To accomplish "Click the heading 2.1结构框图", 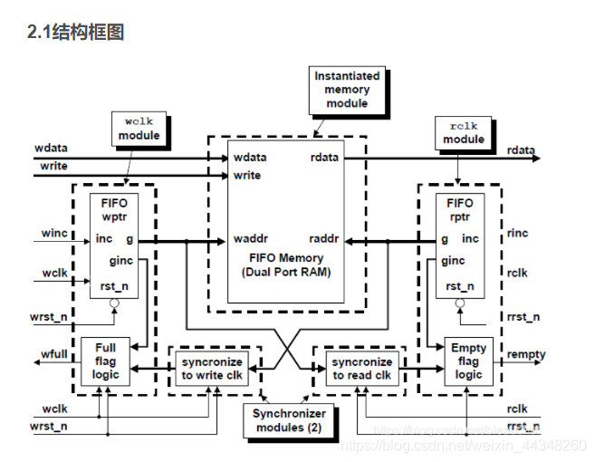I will (x=76, y=33).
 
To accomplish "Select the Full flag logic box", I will (x=105, y=361).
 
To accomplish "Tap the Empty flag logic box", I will (x=468, y=361).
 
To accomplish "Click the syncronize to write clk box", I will (x=211, y=368).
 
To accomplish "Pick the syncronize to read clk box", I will (x=360, y=368).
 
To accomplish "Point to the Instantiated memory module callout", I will (x=348, y=90).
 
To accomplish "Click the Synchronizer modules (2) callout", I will (x=289, y=420).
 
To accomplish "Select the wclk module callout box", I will (x=139, y=128).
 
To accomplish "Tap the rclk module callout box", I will (x=463, y=131).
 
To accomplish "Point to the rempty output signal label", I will (x=525, y=354).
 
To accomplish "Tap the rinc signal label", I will (x=518, y=233).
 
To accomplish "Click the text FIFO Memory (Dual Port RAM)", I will (x=286, y=265).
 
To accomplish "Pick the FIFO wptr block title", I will (x=114, y=211).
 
